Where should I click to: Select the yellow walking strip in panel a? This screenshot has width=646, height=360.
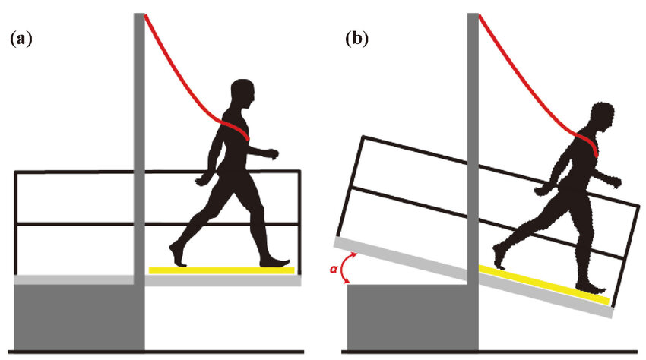(x=221, y=270)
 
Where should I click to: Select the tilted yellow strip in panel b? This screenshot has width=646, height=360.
(x=544, y=284)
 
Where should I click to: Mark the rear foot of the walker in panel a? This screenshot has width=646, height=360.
(x=176, y=254)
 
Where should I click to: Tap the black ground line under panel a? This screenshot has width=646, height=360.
(x=152, y=352)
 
